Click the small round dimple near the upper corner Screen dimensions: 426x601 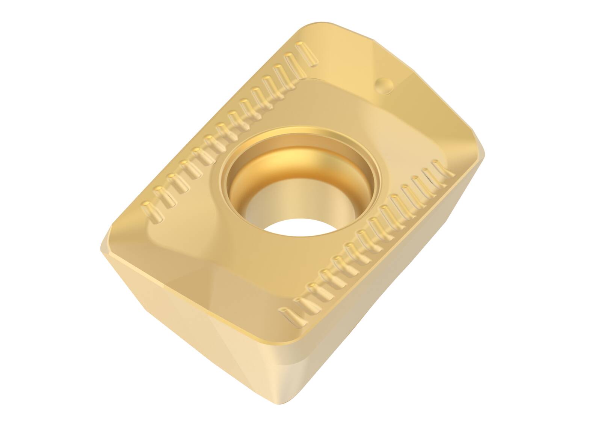click(384, 86)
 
